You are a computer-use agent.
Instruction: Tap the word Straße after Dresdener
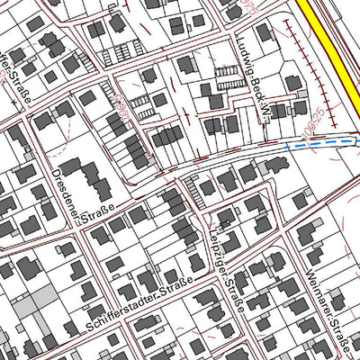click(x=94, y=213)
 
